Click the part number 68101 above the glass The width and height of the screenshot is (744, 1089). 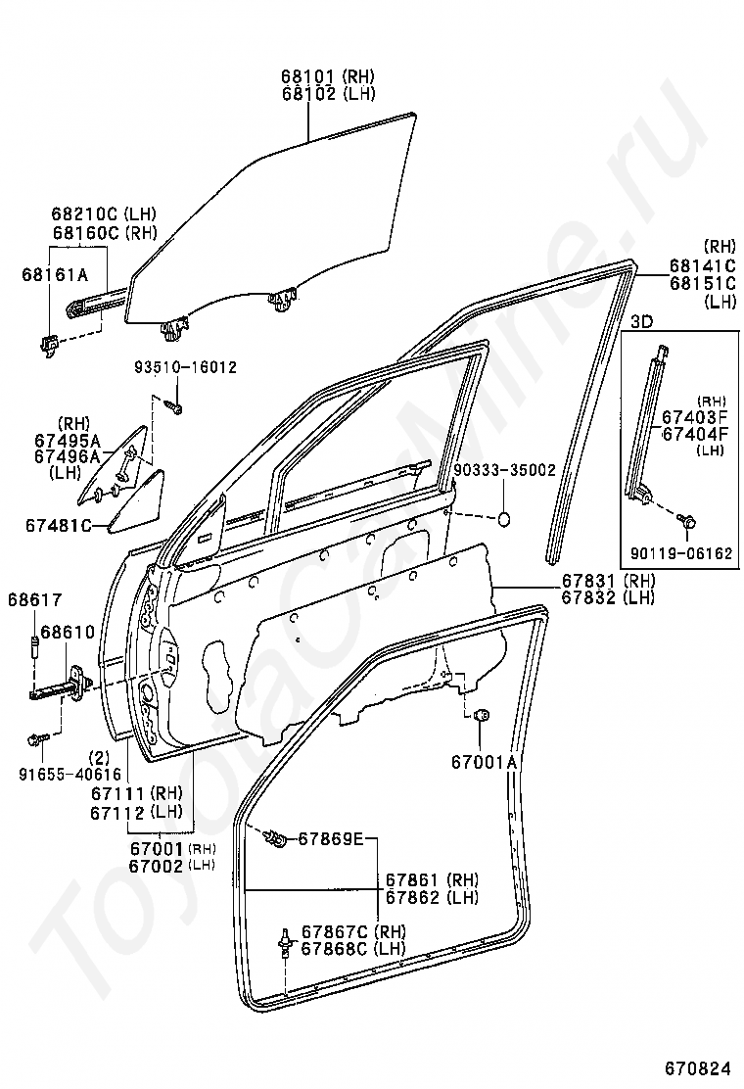point(308,75)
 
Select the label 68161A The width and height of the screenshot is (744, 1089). point(55,275)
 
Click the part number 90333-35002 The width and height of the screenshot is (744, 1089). point(504,470)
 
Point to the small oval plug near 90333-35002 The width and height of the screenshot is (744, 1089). point(504,518)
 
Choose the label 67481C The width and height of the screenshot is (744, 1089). point(59,526)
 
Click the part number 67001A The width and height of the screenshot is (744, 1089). point(485,762)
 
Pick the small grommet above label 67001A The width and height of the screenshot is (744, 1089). point(479,715)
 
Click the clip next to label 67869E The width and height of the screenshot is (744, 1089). point(278,839)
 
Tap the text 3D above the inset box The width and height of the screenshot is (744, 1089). point(641,321)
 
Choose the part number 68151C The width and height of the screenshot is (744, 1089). point(702,283)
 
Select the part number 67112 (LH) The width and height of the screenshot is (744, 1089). point(136,813)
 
